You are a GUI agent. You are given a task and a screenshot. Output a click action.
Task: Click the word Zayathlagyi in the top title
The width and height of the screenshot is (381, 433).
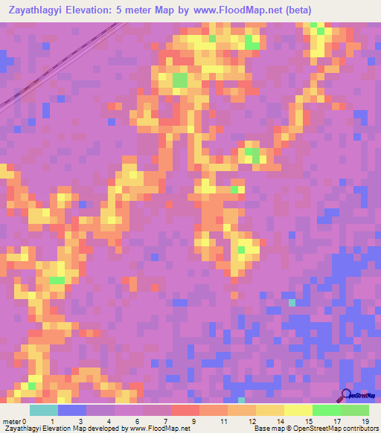(34, 10)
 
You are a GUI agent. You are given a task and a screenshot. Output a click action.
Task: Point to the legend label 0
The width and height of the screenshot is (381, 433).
(25, 420)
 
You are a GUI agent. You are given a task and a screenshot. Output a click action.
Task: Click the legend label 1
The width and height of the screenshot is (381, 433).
(51, 420)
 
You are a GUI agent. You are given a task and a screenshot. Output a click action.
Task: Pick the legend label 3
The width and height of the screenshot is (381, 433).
(80, 420)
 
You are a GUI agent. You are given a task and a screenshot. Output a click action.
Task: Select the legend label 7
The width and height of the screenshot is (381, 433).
(165, 420)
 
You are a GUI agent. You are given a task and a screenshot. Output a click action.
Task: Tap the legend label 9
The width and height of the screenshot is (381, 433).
(193, 420)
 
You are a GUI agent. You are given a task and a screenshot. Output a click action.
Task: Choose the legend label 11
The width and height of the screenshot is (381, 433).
(222, 420)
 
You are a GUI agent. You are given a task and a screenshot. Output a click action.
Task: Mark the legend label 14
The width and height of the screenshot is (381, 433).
(278, 420)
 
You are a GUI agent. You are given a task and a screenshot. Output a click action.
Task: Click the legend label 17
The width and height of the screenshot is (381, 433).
(335, 420)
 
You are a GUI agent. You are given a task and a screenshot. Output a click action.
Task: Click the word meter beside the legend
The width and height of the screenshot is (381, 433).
(11, 420)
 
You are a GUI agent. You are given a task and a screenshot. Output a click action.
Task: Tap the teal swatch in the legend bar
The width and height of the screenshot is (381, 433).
(44, 410)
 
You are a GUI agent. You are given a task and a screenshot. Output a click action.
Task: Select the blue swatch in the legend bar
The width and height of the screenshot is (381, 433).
(72, 410)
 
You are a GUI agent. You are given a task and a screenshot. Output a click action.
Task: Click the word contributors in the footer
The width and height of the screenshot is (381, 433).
(359, 429)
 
